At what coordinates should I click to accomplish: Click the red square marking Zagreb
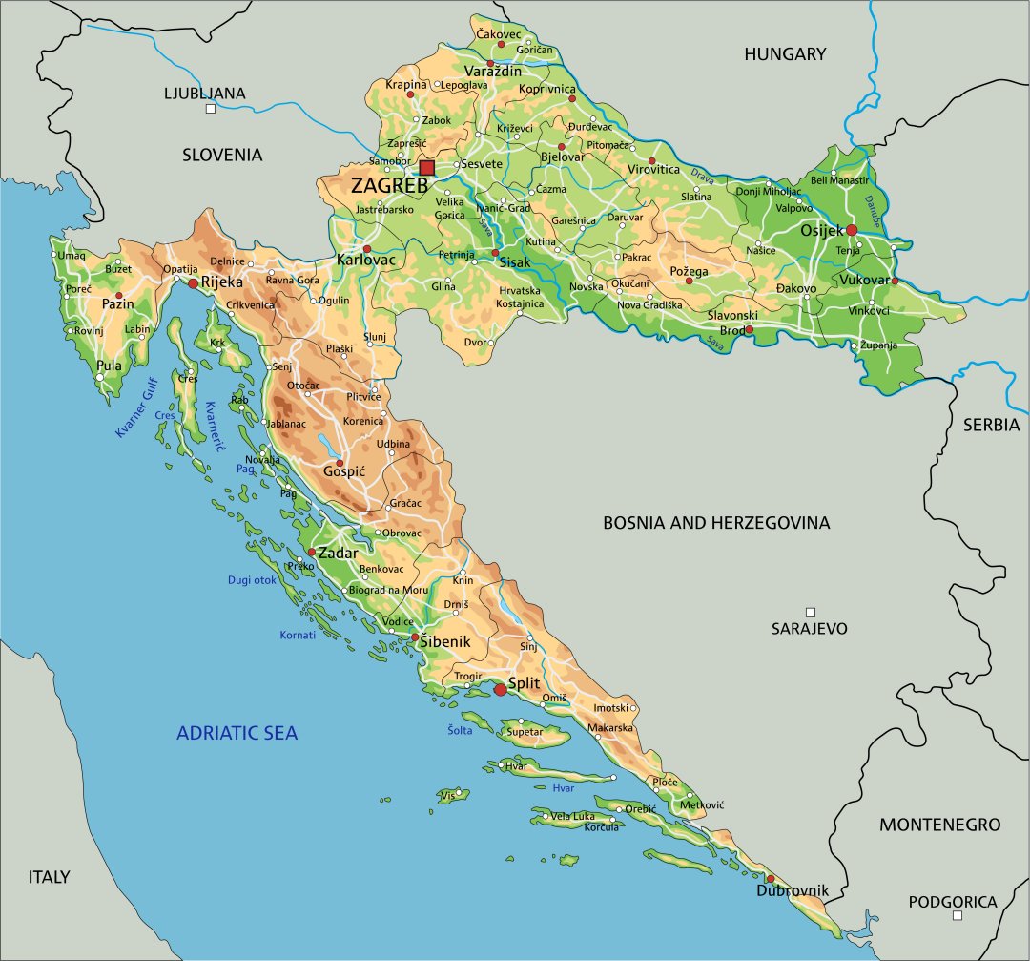[x=426, y=168]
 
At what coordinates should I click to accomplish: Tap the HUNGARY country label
[x=785, y=54]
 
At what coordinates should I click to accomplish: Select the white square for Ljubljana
[x=211, y=109]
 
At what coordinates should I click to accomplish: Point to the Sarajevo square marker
[x=811, y=612]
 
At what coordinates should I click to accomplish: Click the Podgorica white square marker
[x=958, y=916]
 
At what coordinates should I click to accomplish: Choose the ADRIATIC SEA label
[x=237, y=733]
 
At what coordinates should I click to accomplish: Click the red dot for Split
[x=500, y=689]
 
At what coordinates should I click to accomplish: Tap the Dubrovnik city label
[x=793, y=891]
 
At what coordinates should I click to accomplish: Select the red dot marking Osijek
[x=852, y=230]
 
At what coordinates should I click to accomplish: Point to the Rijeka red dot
[x=193, y=283]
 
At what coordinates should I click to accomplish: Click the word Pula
[x=110, y=366]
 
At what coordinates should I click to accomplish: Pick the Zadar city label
[x=338, y=554]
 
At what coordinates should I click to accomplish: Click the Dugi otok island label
[x=252, y=579]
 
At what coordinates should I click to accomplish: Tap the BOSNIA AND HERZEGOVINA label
[x=716, y=523]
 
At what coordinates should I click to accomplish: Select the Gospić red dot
[x=340, y=463]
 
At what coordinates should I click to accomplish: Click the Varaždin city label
[x=493, y=72]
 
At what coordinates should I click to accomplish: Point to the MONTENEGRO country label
[x=939, y=825]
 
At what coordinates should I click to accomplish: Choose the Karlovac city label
[x=365, y=260]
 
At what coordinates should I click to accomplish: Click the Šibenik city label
[x=445, y=642]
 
